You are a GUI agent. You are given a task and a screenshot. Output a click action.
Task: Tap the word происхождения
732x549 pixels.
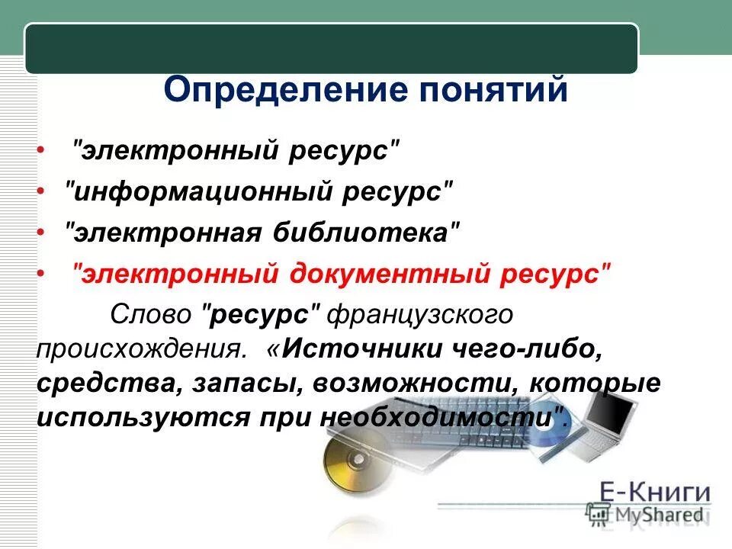point(141,348)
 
